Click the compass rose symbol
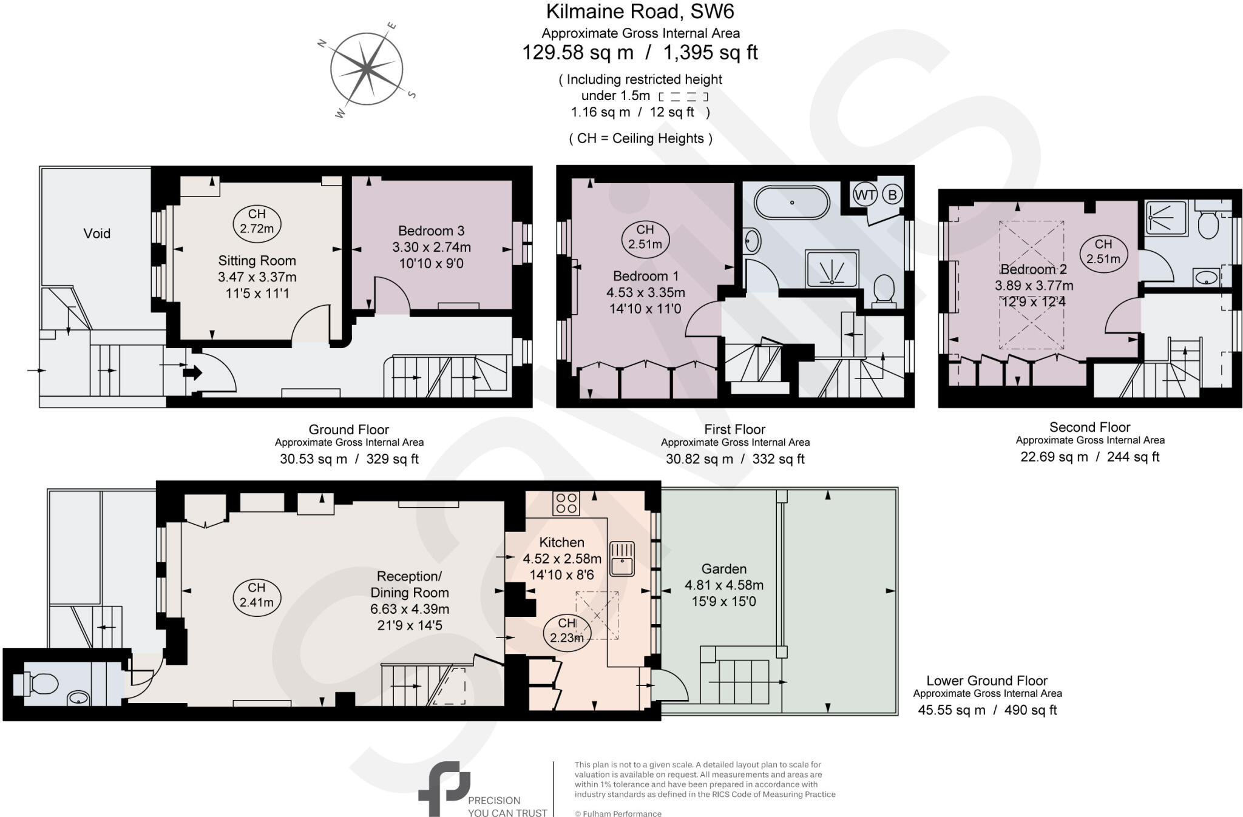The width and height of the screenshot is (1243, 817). pos(367,69)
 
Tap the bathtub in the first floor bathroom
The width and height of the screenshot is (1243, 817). pos(791,203)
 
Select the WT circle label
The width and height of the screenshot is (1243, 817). pos(865,195)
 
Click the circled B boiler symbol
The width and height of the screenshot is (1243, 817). pos(892,195)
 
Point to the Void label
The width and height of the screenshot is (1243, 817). pos(97,234)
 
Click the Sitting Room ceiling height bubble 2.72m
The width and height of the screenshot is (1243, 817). pos(257,221)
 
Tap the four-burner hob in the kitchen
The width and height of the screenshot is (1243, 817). pos(566,503)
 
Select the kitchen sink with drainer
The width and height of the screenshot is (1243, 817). pos(621,558)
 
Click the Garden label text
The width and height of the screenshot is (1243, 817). pos(723,569)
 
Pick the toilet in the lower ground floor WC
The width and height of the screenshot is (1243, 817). pos(39,684)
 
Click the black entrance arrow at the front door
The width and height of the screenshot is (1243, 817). pos(192,372)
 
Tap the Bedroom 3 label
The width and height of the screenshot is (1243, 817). pos(431,231)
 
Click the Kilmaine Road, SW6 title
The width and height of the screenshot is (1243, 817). pos(640,12)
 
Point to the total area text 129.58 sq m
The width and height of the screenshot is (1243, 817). pos(578,53)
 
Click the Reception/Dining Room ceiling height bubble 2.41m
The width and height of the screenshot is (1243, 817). pos(256,595)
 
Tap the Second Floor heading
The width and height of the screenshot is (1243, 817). pos(1089,427)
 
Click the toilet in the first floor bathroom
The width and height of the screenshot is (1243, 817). pos(883,289)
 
